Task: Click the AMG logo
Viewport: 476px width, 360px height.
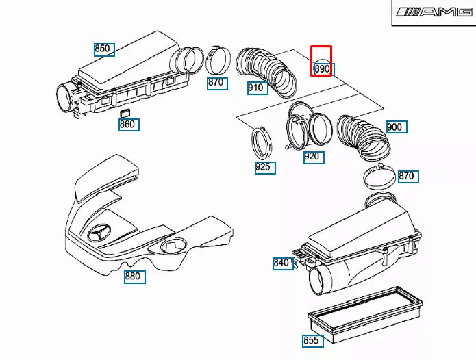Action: [434, 12]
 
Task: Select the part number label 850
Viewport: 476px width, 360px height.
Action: [103, 49]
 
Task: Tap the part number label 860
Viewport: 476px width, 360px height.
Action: [128, 125]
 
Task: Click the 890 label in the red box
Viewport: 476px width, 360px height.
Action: [322, 68]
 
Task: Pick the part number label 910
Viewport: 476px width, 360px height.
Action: [257, 88]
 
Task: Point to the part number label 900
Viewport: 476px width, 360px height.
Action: [396, 127]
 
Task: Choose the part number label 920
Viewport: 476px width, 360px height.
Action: [312, 157]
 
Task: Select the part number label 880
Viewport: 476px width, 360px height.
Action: [133, 277]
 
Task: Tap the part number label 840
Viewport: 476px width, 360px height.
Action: [282, 263]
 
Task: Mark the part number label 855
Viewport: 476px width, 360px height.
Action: [312, 340]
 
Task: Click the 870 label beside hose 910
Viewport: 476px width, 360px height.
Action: [216, 83]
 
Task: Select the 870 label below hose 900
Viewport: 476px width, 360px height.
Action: [407, 176]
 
